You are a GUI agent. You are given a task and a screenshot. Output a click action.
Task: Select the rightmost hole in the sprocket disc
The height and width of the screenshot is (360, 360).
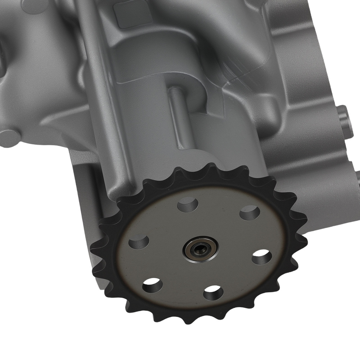pyautogui.click(x=262, y=257)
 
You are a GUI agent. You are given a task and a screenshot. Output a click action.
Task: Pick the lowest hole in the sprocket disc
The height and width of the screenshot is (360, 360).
pyautogui.click(x=213, y=292)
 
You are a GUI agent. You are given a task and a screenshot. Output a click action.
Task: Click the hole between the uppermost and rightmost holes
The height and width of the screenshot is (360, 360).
pyautogui.click(x=249, y=212)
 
